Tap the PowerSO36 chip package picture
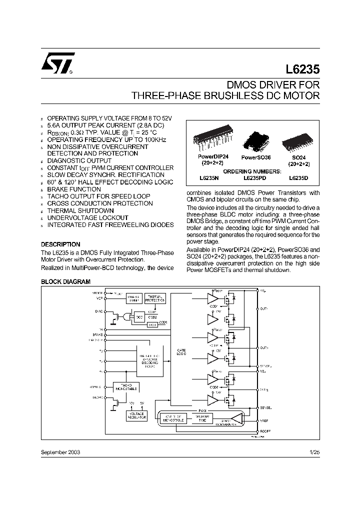pos(255,140)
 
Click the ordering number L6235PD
pos(256,178)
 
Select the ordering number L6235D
pos(299,178)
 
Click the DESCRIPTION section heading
pos(60,244)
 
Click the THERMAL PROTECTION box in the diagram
pos(154,298)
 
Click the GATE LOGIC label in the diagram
pos(181,352)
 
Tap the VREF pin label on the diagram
pos(264,421)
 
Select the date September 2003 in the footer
pos(60,451)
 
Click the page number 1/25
pos(314,451)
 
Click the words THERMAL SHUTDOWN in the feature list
pos(80,210)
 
